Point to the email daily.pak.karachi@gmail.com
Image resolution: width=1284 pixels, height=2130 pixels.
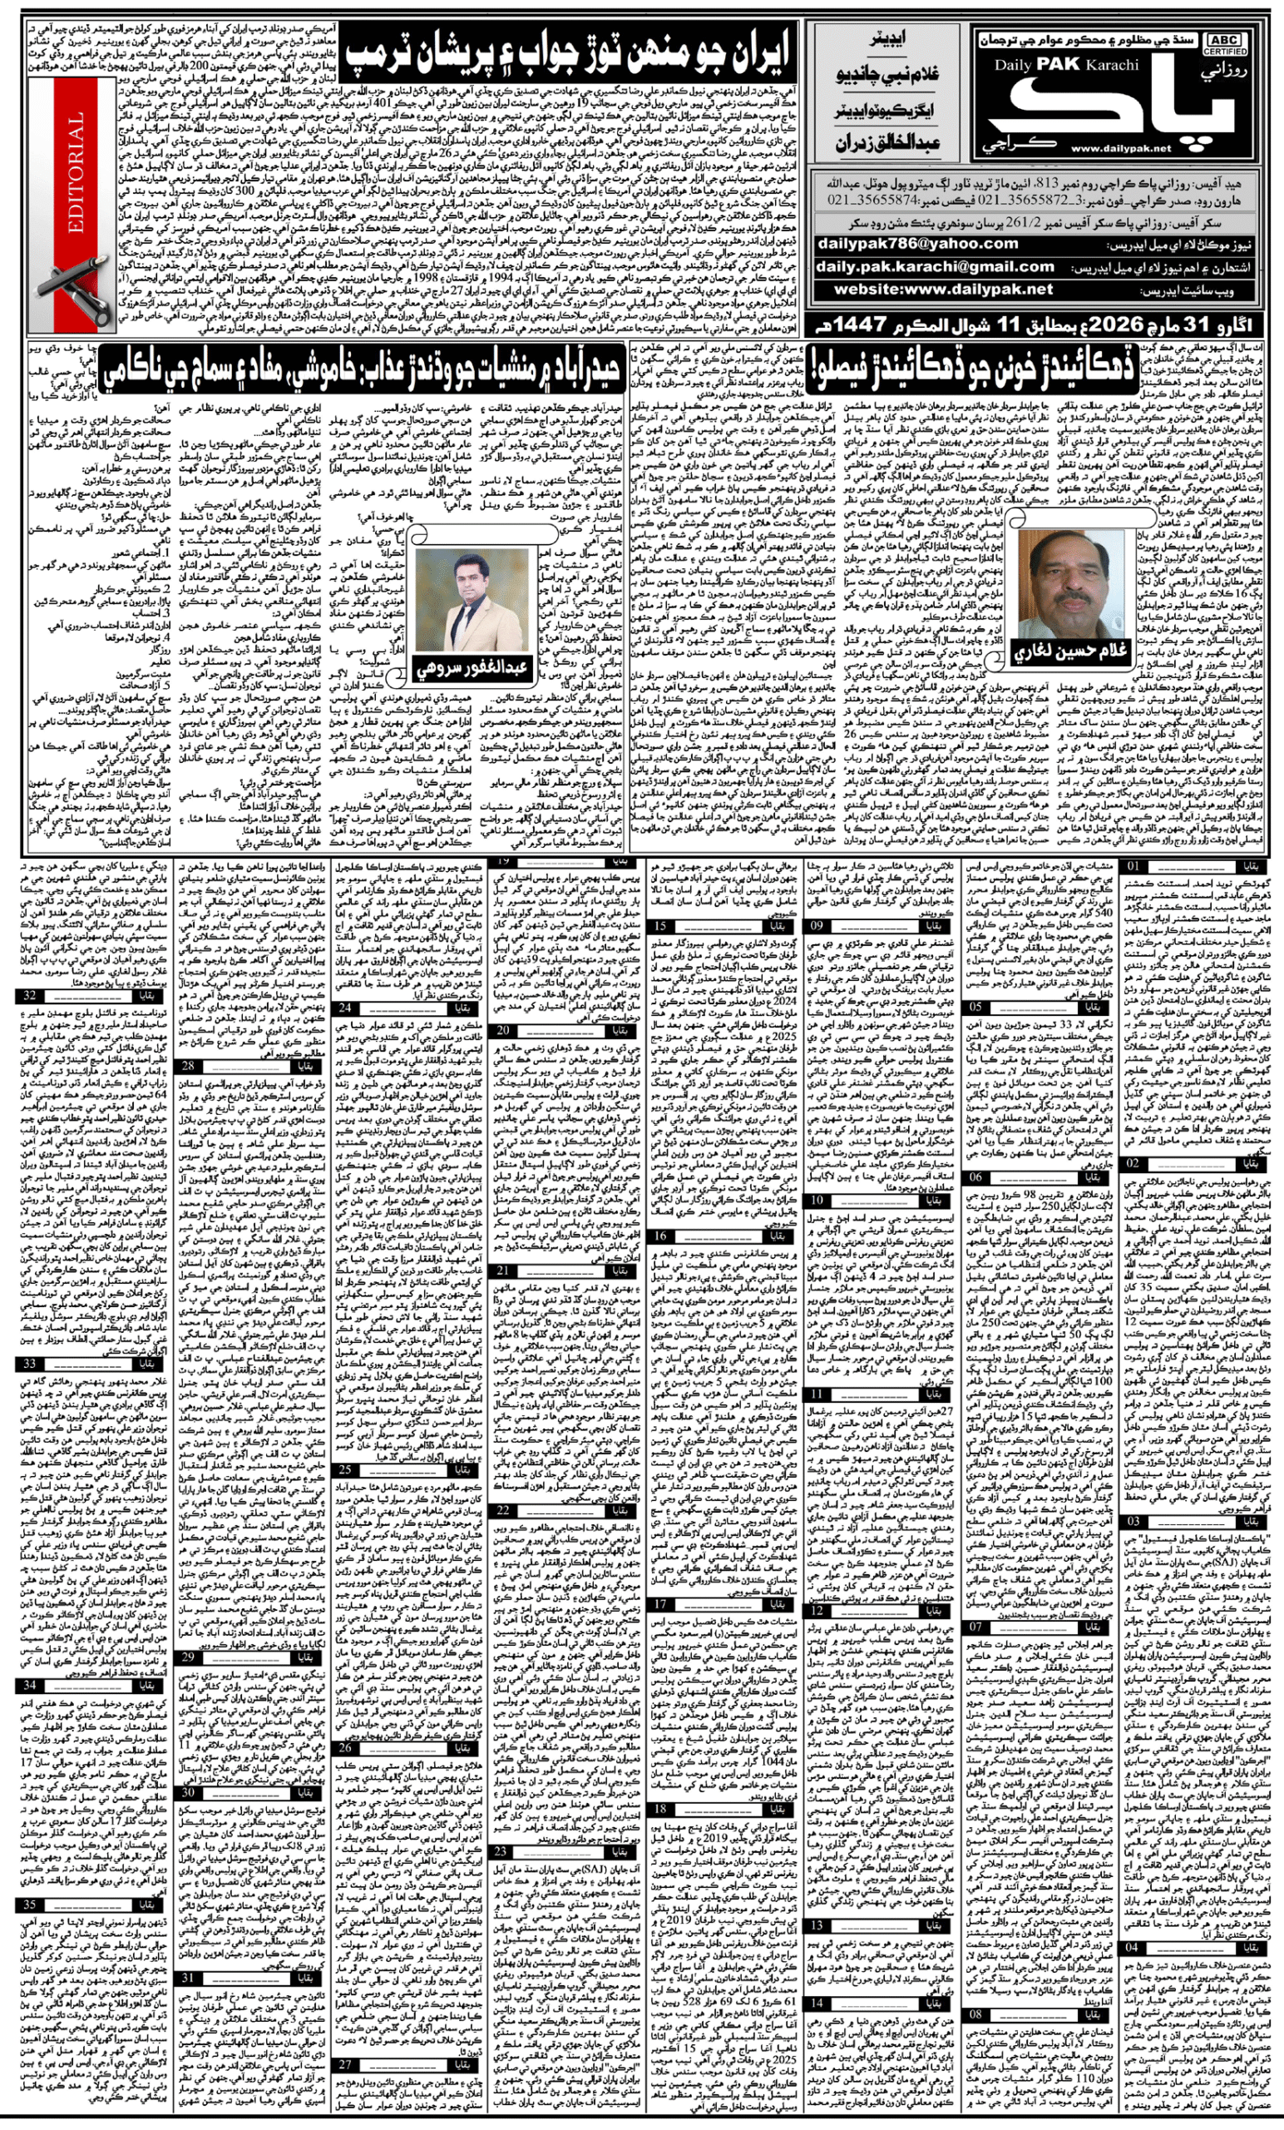tap(935, 267)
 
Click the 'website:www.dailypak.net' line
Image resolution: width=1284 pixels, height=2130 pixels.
tap(943, 290)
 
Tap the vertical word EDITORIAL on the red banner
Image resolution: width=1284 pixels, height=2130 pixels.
tap(76, 173)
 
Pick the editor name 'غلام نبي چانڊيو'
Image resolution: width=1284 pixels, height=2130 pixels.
tap(887, 74)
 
